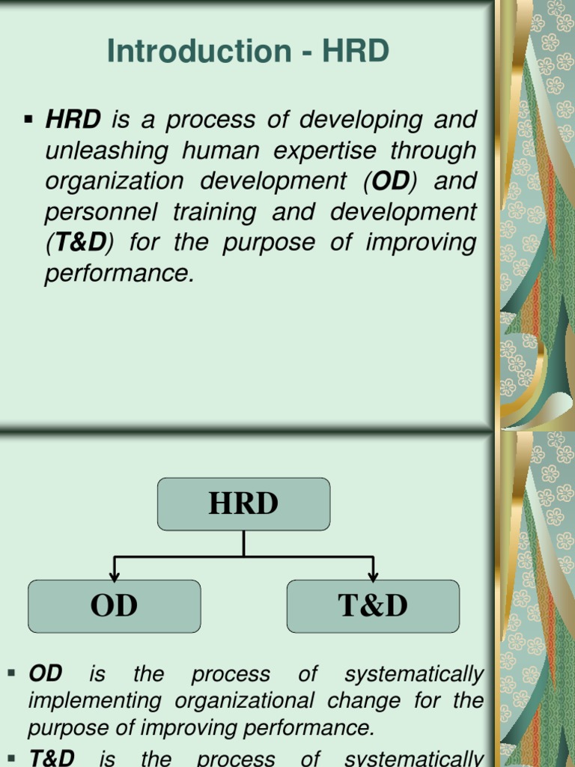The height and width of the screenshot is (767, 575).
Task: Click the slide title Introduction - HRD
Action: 249,51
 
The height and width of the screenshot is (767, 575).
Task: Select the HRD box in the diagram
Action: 243,503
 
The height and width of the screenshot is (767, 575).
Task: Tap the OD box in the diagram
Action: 114,606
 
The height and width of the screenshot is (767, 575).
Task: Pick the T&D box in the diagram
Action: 373,606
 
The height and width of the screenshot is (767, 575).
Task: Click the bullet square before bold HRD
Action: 29,118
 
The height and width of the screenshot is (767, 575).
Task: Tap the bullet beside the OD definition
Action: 11,674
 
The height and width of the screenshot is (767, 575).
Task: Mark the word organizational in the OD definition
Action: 242,701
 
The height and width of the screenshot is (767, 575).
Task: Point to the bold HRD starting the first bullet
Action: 73,120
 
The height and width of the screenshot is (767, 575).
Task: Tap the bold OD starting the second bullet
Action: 45,674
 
